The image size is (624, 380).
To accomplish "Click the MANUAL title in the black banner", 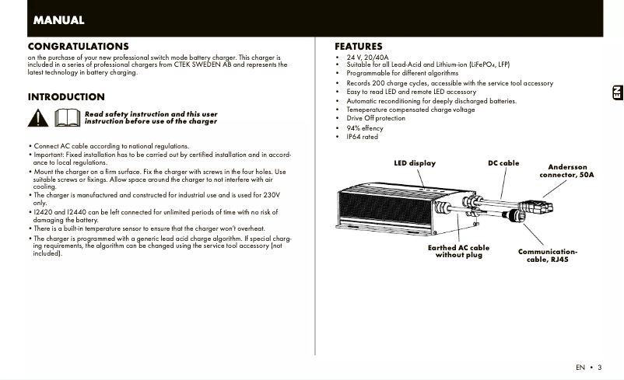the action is [x=58, y=20].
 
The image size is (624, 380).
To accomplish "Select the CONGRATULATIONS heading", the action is [x=78, y=47].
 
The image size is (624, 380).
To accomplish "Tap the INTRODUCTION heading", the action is [x=66, y=97].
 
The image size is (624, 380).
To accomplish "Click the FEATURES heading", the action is [x=359, y=47].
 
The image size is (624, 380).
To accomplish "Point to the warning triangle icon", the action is [x=39, y=118].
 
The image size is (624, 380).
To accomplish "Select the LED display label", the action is [x=415, y=163].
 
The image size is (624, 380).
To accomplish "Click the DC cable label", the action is [x=503, y=163].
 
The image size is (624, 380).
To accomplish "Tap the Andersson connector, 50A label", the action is [x=567, y=171].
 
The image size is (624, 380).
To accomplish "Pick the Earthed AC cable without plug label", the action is [x=458, y=251].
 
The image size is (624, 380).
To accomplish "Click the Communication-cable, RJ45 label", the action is [x=548, y=256].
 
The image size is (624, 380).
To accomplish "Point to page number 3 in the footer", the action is [x=600, y=367].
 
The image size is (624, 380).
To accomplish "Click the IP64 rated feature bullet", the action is [x=362, y=137].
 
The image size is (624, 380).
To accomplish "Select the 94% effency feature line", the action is [x=365, y=128].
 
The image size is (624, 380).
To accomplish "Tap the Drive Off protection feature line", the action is [x=376, y=118].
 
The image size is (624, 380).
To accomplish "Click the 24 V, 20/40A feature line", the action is [x=367, y=58].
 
